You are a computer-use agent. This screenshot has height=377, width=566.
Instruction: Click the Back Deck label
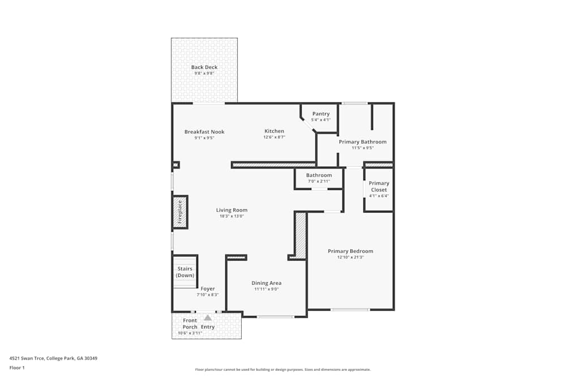click(x=204, y=67)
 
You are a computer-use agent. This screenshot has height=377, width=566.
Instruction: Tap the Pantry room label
click(x=321, y=114)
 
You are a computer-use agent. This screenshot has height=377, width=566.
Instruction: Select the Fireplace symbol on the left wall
click(x=180, y=212)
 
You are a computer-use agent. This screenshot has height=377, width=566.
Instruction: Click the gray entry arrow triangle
click(x=208, y=318)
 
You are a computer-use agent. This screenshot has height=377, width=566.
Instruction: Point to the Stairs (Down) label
click(x=185, y=272)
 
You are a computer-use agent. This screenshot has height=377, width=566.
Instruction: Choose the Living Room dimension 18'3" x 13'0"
click(x=232, y=216)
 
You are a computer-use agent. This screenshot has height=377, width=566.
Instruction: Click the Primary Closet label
click(x=379, y=187)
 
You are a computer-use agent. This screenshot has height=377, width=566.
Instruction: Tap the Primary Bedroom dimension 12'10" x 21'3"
click(x=350, y=257)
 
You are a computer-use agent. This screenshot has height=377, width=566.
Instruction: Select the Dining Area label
click(x=266, y=283)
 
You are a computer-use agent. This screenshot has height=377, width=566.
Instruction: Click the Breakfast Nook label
click(x=204, y=132)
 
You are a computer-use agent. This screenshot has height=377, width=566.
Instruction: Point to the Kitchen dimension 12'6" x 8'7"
click(x=274, y=137)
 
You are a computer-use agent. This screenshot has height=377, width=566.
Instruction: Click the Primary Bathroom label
click(x=363, y=142)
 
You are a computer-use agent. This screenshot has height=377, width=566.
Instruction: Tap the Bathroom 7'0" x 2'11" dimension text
click(x=319, y=181)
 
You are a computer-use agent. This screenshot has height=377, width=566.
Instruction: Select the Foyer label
click(x=208, y=289)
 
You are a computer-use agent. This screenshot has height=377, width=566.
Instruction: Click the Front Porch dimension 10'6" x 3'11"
click(x=190, y=333)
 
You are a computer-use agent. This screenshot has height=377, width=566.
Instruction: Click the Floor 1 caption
click(x=17, y=367)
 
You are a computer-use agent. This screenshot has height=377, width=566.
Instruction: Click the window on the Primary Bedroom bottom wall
click(x=350, y=310)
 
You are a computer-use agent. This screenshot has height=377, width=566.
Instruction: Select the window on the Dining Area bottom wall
click(x=275, y=317)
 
